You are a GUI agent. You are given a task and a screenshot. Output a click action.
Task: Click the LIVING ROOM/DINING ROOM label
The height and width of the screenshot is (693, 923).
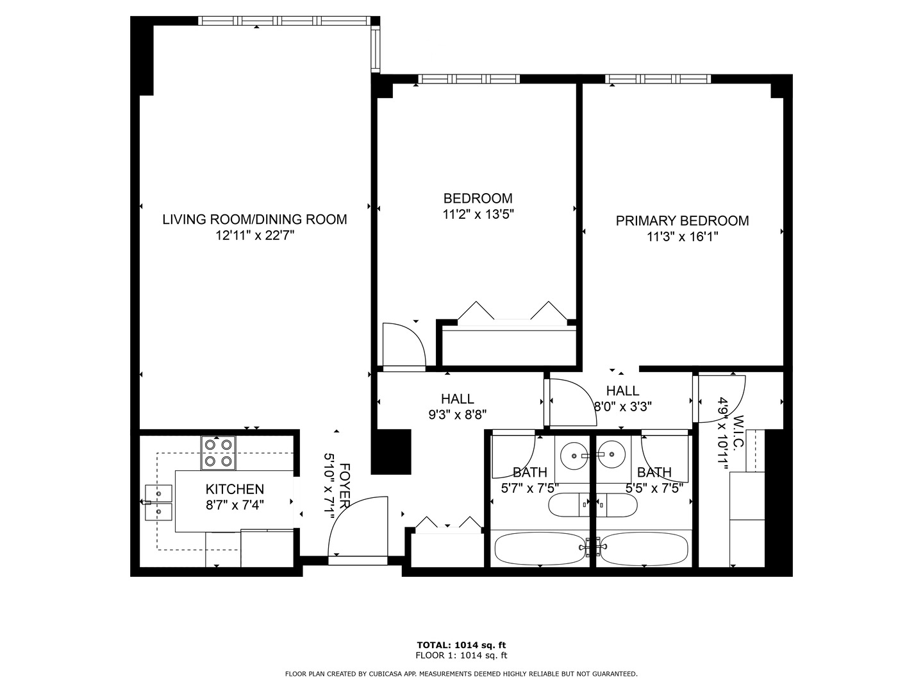point(254,219)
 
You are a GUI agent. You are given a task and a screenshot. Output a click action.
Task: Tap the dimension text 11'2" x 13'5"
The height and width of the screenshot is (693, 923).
point(478,214)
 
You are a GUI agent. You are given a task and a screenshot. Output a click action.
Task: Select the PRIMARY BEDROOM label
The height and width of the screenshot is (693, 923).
point(682,221)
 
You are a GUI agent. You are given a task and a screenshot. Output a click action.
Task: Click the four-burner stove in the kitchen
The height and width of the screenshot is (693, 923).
point(219,452)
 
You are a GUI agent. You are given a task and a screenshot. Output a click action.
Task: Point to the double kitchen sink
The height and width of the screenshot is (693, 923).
point(158,502)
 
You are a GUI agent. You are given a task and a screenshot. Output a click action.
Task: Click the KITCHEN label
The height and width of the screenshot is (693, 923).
point(235,490)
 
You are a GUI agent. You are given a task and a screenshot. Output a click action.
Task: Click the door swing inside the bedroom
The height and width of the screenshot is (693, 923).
point(404,346)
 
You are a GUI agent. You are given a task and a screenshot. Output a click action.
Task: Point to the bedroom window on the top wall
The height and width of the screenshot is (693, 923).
point(469,79)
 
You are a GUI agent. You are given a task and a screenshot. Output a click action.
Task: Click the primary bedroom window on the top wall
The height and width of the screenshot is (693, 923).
point(658,79)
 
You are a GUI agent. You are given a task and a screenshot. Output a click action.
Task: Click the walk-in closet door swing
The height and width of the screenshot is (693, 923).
point(721,398)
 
